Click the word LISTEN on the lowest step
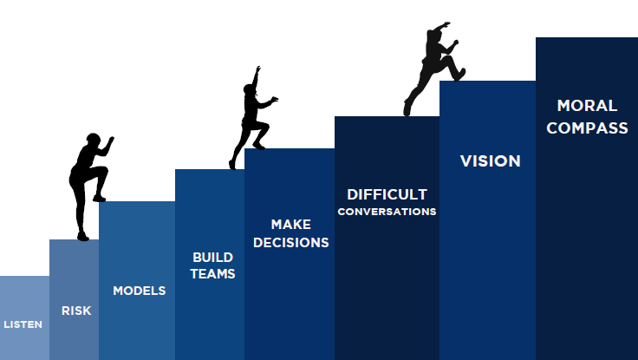(x=23, y=324)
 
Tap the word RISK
(x=76, y=311)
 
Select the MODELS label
(x=140, y=291)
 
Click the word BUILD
(x=212, y=258)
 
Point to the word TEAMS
(x=212, y=273)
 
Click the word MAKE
(x=291, y=225)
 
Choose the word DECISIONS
(x=291, y=243)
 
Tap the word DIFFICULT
(x=387, y=194)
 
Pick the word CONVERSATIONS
(x=387, y=212)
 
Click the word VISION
(x=491, y=161)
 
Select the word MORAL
(x=587, y=106)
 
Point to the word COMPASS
(x=587, y=128)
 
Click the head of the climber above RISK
(x=93, y=140)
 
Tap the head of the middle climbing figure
(x=249, y=88)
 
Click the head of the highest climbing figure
(x=432, y=35)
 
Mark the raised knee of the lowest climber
(x=103, y=170)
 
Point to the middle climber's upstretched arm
(x=256, y=77)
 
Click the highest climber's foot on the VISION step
(x=459, y=75)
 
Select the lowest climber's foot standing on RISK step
(x=83, y=236)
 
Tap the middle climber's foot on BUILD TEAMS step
(x=232, y=165)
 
